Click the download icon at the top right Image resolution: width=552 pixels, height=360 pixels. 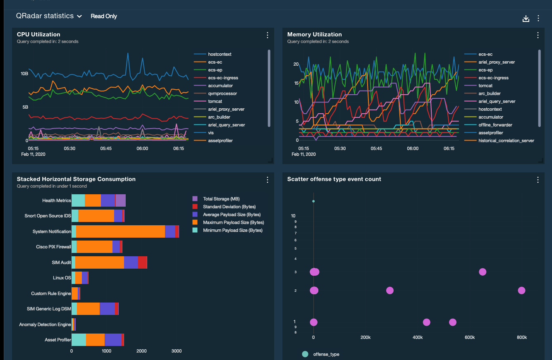[526, 19]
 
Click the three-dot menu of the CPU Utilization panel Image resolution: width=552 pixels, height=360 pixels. [268, 35]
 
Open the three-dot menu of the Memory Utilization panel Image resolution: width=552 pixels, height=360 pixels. [538, 35]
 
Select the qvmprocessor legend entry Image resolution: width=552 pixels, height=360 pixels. [222, 93]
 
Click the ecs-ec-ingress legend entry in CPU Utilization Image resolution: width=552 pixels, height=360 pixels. [223, 78]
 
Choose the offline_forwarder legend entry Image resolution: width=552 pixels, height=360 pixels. [495, 125]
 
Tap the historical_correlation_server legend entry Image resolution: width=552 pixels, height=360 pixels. [506, 141]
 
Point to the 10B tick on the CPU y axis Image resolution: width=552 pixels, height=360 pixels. [24, 74]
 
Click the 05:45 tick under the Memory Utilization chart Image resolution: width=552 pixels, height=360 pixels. [376, 148]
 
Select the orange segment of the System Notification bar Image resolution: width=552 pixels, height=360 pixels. [120, 231]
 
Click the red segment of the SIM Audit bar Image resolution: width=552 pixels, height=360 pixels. [142, 262]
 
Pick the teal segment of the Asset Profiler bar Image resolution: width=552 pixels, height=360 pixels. [79, 340]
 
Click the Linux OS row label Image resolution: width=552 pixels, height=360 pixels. [62, 278]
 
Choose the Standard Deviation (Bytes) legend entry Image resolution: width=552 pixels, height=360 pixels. [229, 207]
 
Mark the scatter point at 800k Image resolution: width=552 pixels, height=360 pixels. [521, 291]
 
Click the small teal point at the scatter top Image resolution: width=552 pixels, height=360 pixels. [313, 201]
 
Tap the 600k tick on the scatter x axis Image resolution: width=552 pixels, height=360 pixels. [469, 338]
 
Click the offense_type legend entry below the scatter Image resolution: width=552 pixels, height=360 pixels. [326, 354]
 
